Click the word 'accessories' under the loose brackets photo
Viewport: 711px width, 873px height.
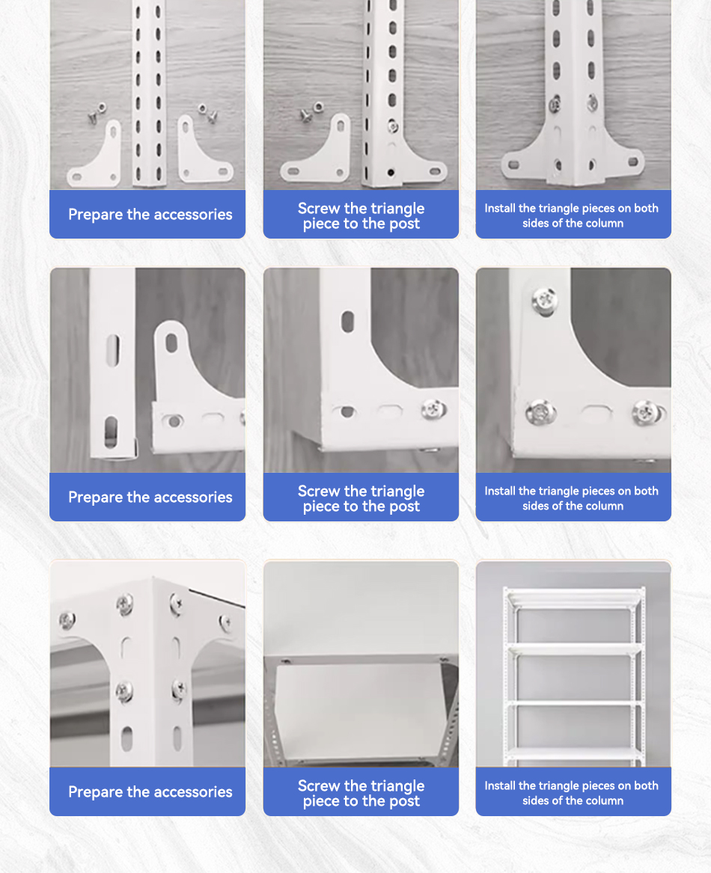(192, 215)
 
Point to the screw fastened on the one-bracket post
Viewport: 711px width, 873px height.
(393, 126)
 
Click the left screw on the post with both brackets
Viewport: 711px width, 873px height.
(555, 105)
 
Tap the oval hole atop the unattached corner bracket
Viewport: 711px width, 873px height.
(171, 343)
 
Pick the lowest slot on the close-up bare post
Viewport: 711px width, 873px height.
(111, 433)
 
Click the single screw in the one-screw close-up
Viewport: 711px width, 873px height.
(433, 408)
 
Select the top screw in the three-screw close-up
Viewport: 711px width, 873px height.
(544, 301)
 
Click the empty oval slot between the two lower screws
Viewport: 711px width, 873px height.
(595, 412)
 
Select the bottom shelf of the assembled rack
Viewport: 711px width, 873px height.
(574, 753)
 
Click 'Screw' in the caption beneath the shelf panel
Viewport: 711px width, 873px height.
(319, 785)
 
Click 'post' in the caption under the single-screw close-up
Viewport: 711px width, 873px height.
(405, 506)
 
